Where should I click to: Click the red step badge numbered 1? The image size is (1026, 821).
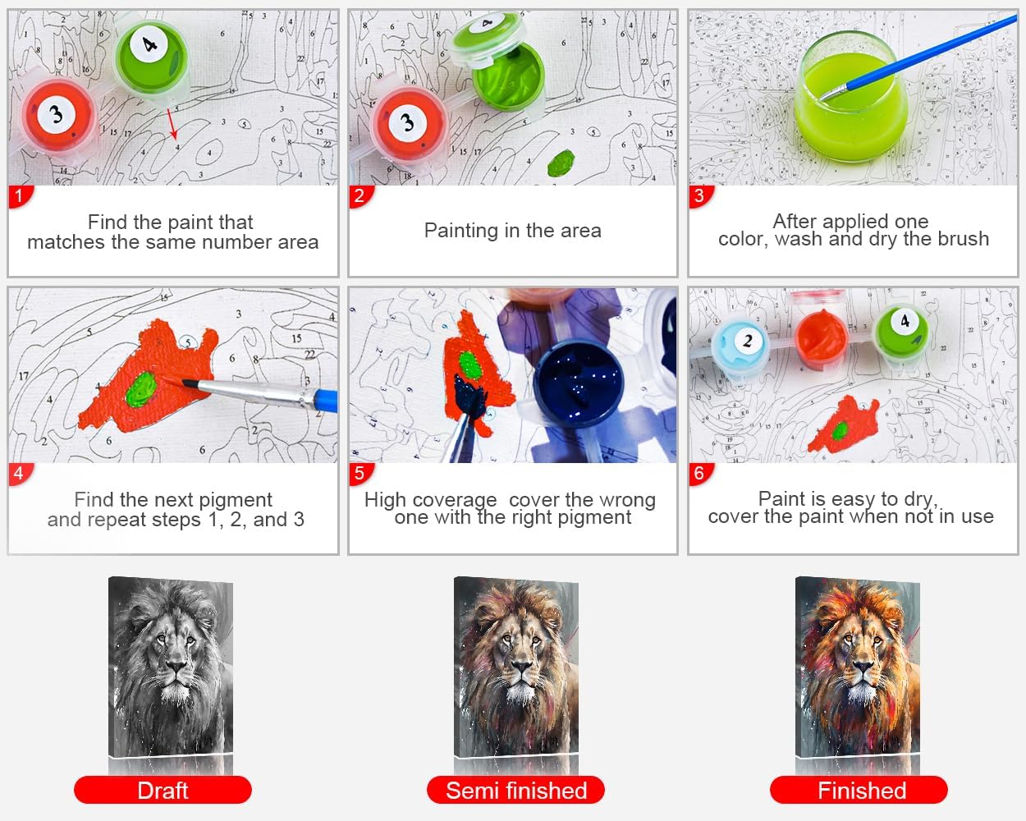tap(19, 196)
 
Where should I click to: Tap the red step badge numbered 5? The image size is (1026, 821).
tap(359, 474)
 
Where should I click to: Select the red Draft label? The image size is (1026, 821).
tap(163, 791)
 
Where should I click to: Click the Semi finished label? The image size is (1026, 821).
tap(515, 791)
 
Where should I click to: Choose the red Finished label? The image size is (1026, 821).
tap(859, 791)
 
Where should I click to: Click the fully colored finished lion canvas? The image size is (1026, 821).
tap(858, 669)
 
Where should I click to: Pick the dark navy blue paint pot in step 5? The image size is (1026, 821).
tap(579, 386)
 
